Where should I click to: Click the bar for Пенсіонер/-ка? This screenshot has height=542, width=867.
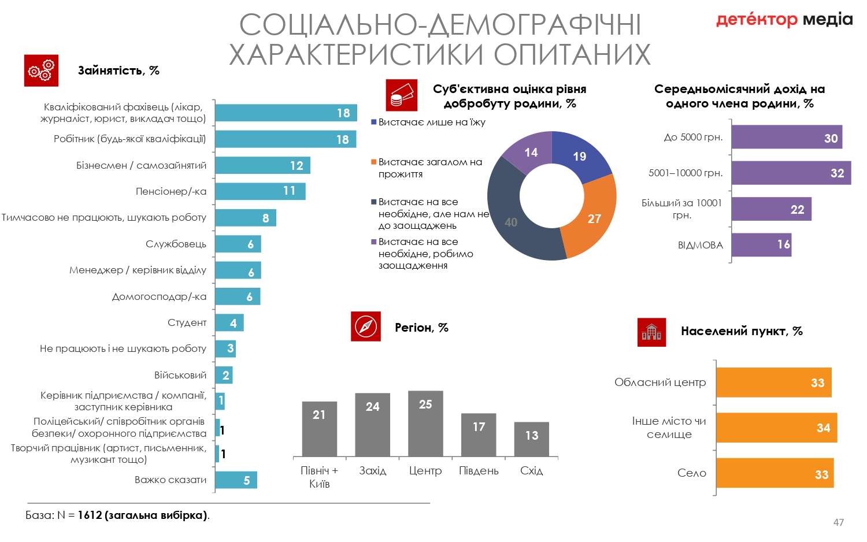coord(260,191)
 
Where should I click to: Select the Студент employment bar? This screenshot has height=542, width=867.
coord(229,322)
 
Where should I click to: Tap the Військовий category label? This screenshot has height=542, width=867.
coord(180,375)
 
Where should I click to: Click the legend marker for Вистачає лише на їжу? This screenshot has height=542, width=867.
coord(374,122)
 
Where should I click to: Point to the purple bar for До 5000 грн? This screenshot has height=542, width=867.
coord(787,138)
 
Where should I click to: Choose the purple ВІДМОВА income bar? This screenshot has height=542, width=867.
coord(761,245)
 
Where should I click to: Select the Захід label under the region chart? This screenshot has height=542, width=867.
coord(373,471)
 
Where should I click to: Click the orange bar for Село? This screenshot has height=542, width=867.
coord(775,473)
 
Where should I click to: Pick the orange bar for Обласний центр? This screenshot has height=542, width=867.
coord(773,383)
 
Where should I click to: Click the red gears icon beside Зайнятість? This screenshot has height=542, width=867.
coord(41,70)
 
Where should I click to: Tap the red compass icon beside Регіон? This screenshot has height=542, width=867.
coord(366,326)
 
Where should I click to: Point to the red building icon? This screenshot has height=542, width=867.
coord(651,332)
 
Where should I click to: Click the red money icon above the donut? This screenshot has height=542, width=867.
coord(401,95)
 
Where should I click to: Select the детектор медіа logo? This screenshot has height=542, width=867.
coord(784,20)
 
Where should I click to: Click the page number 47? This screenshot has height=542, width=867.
coord(838,522)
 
